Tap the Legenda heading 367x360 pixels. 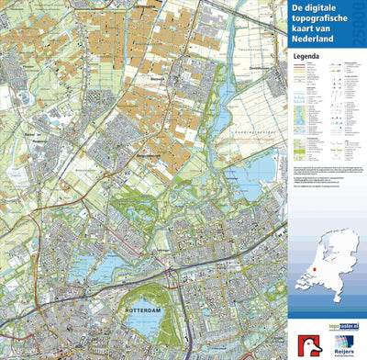(306, 55)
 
